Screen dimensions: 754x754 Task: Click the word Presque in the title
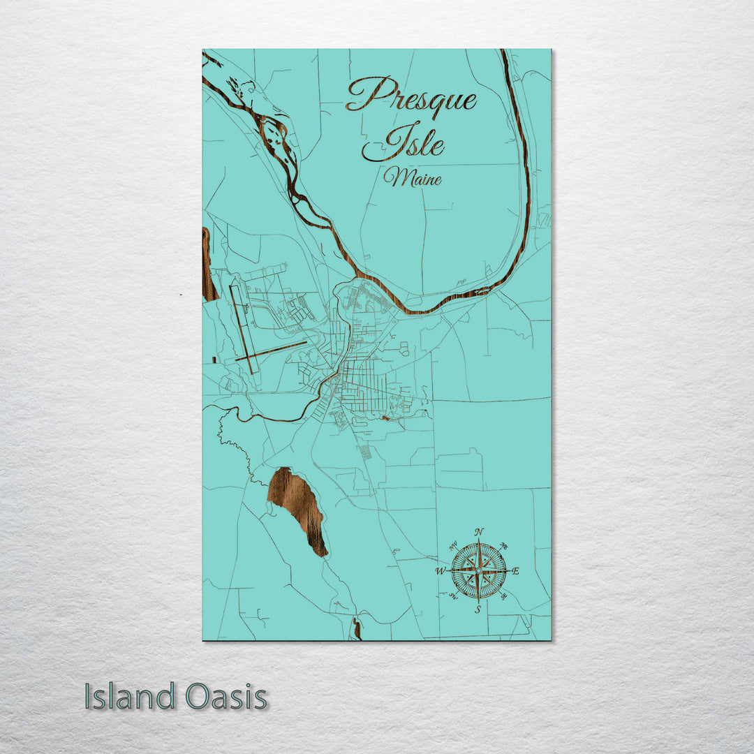[412, 96]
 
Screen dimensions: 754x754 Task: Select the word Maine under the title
[413, 179]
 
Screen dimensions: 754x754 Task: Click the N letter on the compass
[479, 533]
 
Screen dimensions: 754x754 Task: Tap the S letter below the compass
[478, 609]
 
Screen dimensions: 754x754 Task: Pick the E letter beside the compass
[516, 571]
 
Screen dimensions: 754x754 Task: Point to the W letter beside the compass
[441, 572]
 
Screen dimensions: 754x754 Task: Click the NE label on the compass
[505, 546]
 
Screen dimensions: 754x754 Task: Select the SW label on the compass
[452, 596]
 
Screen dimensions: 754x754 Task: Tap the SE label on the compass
[504, 596]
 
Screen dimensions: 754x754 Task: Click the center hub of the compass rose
[478, 571]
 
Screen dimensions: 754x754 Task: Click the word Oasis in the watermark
[226, 697]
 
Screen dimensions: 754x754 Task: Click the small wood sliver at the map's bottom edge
[357, 628]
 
